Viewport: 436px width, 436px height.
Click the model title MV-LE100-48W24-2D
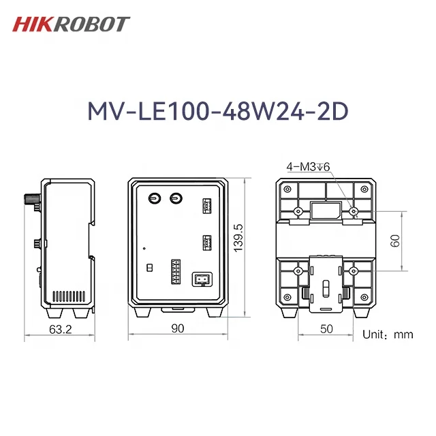click(217, 112)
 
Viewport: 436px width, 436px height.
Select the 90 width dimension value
click(177, 328)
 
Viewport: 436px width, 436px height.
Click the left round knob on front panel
click(155, 198)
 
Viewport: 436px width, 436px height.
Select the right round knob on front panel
click(176, 198)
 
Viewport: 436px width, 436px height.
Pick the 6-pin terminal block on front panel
click(176, 272)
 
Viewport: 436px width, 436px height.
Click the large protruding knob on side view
click(30, 201)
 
